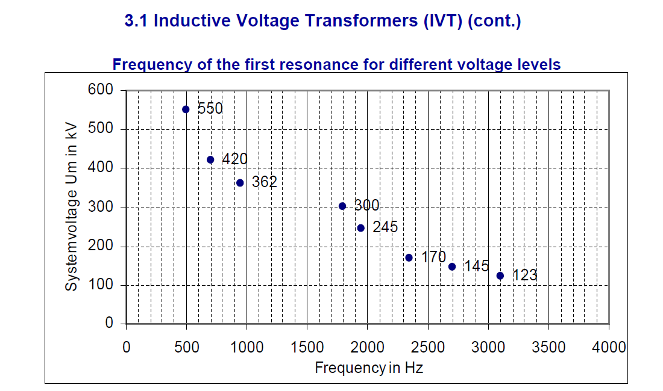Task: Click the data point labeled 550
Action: tap(186, 109)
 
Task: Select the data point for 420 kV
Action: tap(210, 160)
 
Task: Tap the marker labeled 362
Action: tap(240, 183)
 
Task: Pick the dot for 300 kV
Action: tap(342, 206)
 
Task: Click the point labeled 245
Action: tap(361, 228)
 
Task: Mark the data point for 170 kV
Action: tap(409, 257)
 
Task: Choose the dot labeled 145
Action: tap(452, 266)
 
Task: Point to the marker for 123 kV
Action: tap(500, 276)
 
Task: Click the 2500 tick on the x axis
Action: tap(428, 347)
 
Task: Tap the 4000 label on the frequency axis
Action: tap(609, 347)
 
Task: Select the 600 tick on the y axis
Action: tap(101, 90)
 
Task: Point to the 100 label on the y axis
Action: tap(101, 285)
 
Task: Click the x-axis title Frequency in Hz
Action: tap(369, 368)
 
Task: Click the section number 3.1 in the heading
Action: tap(137, 21)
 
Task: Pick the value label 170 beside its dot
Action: tap(433, 257)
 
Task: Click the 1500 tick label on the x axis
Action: tap(307, 347)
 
